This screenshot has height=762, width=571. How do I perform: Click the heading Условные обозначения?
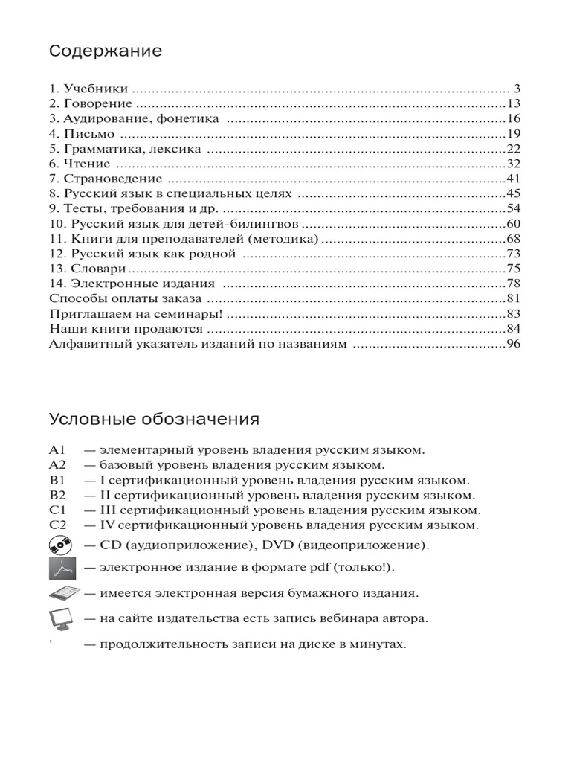[154, 419]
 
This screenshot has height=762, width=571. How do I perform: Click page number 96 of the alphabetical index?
[514, 344]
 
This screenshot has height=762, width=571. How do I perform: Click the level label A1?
[59, 451]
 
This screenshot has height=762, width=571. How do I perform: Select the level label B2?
[59, 496]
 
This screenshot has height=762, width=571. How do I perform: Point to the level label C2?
[59, 525]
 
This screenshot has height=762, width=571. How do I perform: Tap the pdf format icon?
[63, 569]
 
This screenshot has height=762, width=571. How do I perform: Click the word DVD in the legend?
[274, 545]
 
